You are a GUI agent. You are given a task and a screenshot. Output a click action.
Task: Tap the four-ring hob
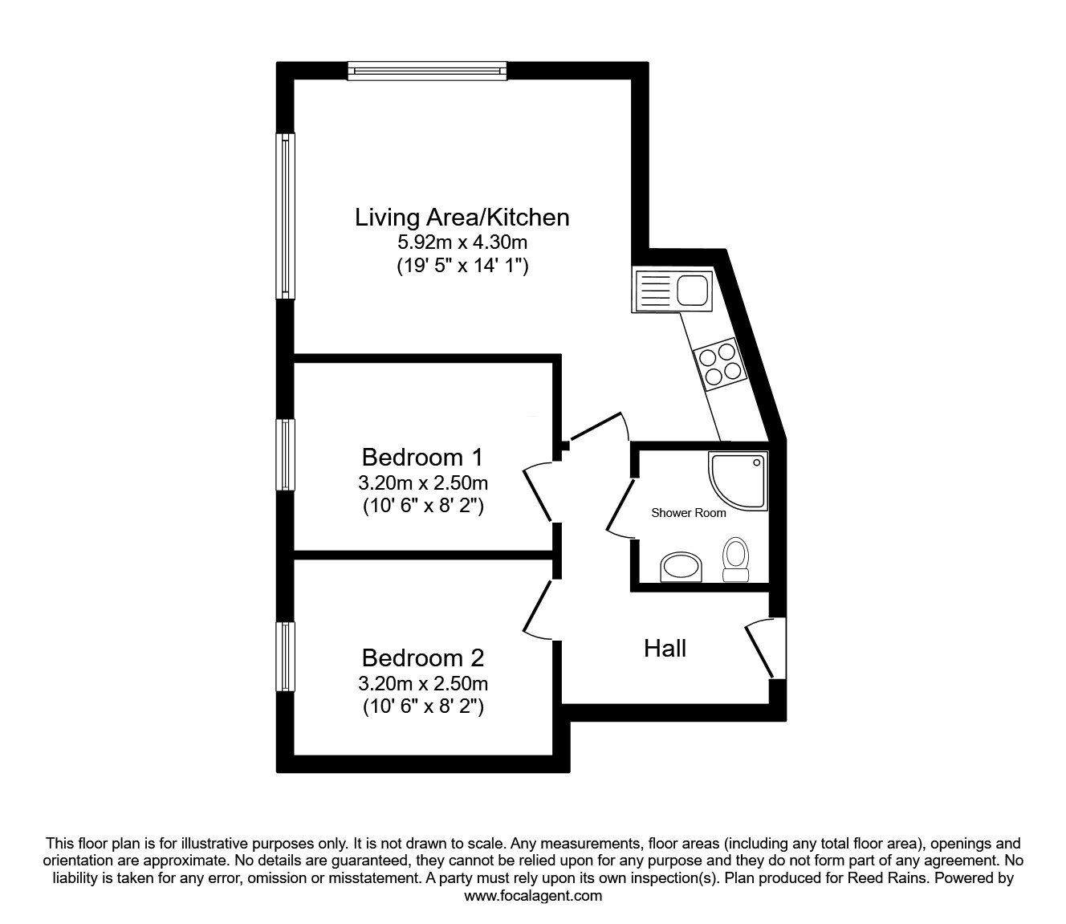click(x=721, y=364)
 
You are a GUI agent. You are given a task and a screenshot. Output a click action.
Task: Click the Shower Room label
click(x=689, y=513)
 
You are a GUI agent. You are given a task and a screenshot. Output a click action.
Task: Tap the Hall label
click(x=665, y=648)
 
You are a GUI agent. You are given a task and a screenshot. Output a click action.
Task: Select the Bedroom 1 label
click(x=423, y=457)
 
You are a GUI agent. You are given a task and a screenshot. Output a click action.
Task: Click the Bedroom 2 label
click(x=423, y=657)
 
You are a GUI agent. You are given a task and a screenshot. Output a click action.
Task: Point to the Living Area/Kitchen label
click(x=462, y=218)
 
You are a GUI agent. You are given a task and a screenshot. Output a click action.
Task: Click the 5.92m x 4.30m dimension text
click(x=462, y=242)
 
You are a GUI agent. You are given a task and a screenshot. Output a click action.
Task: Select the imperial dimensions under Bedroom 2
click(x=423, y=706)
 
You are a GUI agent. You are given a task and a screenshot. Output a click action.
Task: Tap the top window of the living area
click(x=428, y=71)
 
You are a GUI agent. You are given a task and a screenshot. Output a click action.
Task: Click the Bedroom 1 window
click(x=285, y=454)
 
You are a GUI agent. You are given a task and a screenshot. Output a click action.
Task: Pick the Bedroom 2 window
click(x=285, y=656)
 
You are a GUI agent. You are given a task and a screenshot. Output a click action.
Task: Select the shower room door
click(x=620, y=509)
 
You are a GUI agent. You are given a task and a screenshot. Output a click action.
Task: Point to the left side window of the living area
click(x=285, y=216)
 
